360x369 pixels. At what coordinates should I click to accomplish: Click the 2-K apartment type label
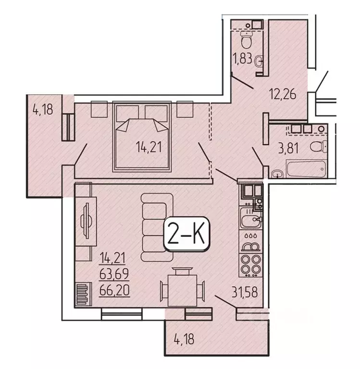click(x=186, y=234)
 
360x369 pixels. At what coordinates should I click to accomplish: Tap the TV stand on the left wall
click(x=87, y=219)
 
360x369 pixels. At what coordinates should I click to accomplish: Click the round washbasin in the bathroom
click(x=277, y=174)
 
